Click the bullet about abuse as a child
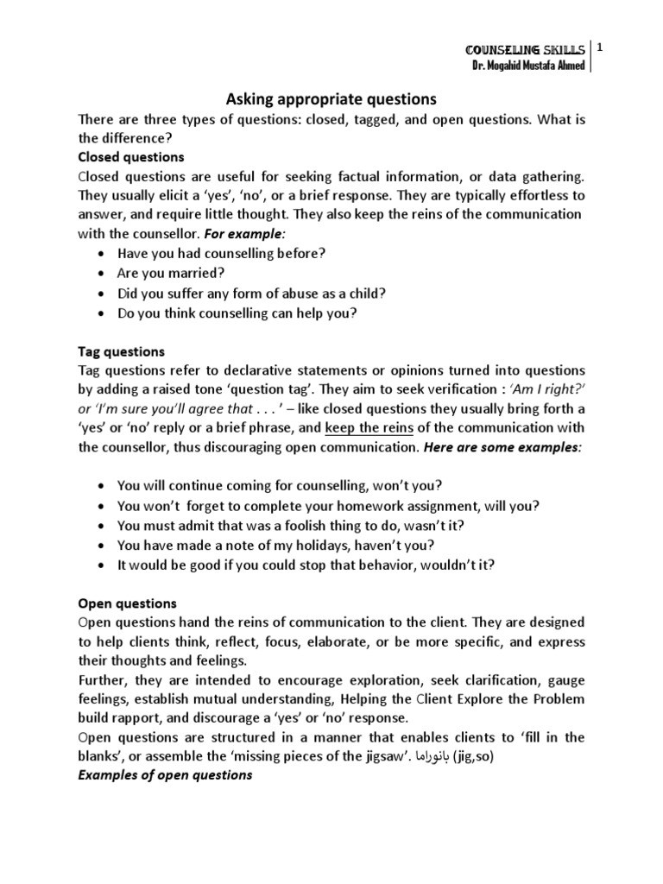pos(250,293)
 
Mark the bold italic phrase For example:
pos(246,233)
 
